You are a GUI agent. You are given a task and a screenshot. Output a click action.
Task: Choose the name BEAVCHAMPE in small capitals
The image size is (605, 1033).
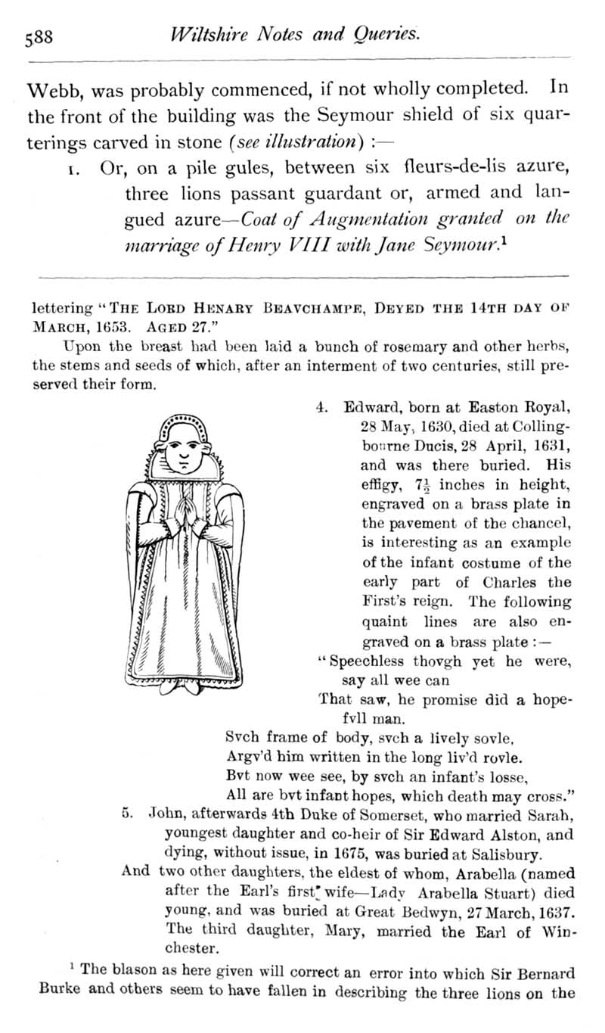coord(315,310)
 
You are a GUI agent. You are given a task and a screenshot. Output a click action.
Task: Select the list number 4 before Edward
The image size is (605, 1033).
coord(319,406)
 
